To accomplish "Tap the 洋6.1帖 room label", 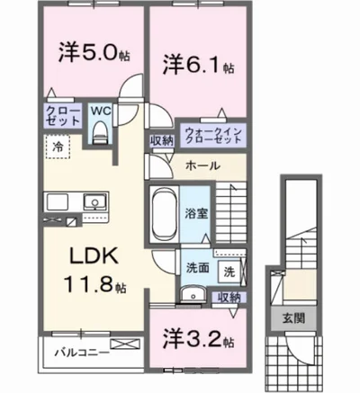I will pos(199,64).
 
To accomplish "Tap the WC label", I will pos(100,112).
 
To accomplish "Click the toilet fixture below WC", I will pos(100,133).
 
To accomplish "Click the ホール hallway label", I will pos(201,166).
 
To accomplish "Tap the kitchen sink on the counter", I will pos(94,201).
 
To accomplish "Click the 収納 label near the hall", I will pos(162,139).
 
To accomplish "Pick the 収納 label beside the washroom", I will pos(229,297).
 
